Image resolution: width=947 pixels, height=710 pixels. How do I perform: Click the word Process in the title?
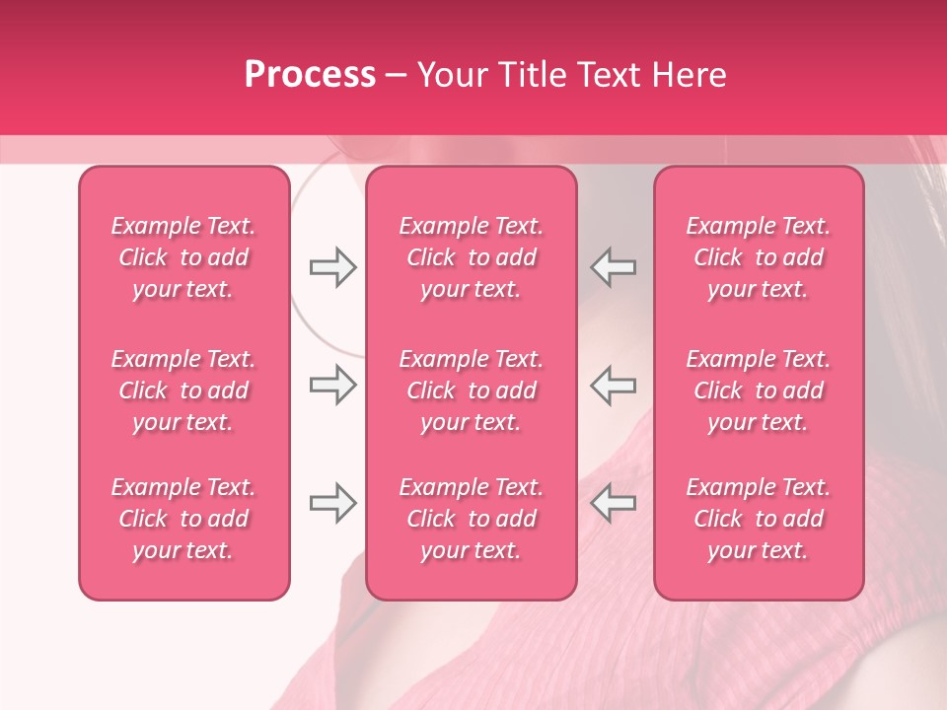(310, 75)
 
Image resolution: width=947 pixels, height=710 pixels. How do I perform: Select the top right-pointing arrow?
(332, 267)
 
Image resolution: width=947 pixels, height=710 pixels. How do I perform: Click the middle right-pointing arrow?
(332, 385)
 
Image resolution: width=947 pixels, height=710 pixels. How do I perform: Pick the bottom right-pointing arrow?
(332, 503)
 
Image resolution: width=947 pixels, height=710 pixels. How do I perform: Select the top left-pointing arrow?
(614, 267)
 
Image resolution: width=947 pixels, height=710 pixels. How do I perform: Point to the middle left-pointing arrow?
(614, 385)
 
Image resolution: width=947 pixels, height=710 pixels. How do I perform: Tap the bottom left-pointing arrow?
(614, 503)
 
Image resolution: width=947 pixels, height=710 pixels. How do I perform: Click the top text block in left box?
(183, 257)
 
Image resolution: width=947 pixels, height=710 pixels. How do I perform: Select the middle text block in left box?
(183, 390)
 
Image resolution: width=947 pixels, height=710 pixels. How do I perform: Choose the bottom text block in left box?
(183, 519)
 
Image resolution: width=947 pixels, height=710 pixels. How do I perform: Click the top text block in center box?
(472, 257)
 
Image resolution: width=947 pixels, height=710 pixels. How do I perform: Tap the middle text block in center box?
(472, 390)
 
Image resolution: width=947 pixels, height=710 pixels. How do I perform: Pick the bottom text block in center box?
(472, 519)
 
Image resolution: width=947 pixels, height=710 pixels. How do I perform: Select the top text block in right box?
(759, 257)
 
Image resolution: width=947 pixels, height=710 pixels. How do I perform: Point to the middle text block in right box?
(759, 390)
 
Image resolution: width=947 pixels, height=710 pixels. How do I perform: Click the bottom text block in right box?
(759, 519)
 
